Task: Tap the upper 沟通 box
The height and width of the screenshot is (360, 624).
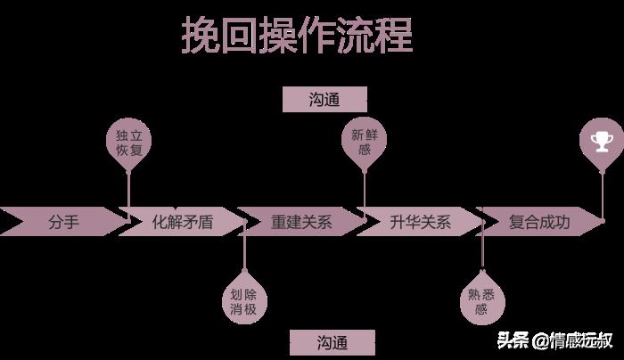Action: click(324, 100)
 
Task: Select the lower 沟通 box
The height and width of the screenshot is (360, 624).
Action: click(332, 342)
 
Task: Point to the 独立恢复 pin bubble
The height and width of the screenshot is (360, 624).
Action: click(128, 143)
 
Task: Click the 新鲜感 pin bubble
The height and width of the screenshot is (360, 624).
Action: click(365, 143)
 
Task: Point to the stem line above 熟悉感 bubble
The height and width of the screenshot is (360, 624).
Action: click(481, 254)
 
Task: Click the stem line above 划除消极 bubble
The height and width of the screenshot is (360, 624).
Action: click(244, 254)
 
